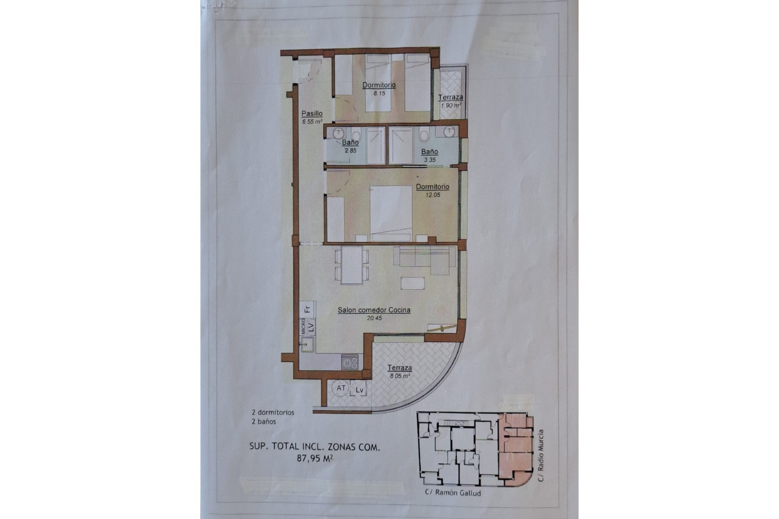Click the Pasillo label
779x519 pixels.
312,114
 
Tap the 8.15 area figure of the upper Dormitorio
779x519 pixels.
379,93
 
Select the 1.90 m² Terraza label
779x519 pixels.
450,98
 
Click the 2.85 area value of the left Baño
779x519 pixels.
350,150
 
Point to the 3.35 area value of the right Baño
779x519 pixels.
430,160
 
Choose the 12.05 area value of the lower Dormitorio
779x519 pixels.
433,195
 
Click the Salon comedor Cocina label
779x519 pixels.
374,310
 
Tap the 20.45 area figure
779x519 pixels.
374,318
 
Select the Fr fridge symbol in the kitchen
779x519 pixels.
308,309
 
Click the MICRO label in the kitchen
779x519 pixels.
303,326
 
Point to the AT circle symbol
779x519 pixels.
341,388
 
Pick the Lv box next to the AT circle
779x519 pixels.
359,390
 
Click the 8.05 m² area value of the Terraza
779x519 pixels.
400,376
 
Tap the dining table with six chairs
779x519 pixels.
352,266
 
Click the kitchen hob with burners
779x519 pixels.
349,362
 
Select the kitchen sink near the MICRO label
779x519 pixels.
307,345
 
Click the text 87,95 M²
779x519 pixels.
315,459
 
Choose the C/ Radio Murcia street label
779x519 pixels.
540,456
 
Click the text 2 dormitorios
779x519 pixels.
273,412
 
